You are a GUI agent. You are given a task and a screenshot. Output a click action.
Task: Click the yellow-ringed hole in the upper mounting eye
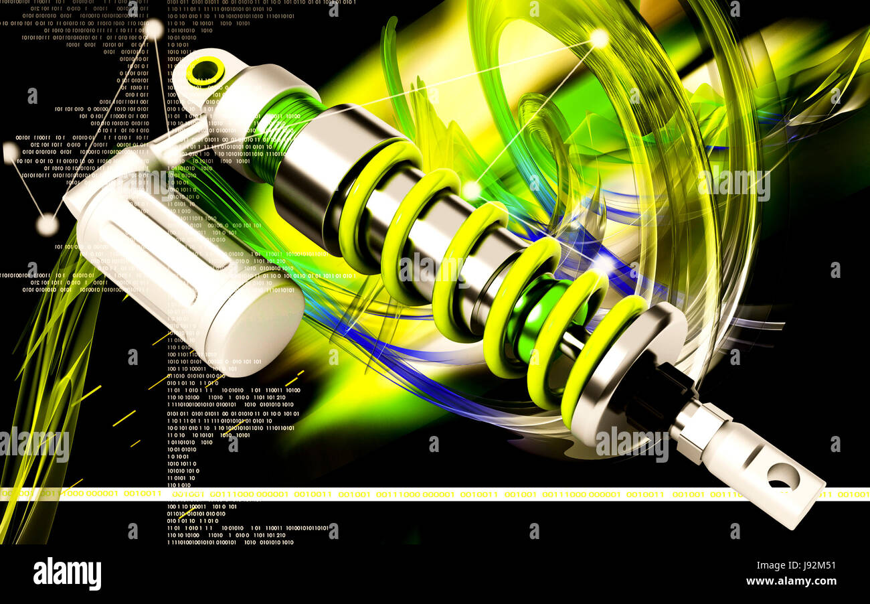(x=205, y=71)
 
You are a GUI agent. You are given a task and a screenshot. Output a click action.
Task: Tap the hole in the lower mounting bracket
(x=782, y=476)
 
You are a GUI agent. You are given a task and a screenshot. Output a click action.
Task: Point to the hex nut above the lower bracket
(x=700, y=427)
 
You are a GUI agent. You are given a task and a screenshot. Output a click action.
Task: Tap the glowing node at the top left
(x=154, y=28)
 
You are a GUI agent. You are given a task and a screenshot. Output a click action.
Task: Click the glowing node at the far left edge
(x=10, y=153)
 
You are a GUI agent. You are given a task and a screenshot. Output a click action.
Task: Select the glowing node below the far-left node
(x=47, y=225)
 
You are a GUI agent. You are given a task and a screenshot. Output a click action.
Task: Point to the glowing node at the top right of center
(x=598, y=39)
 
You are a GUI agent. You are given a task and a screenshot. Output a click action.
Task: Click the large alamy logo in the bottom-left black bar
(x=67, y=574)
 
